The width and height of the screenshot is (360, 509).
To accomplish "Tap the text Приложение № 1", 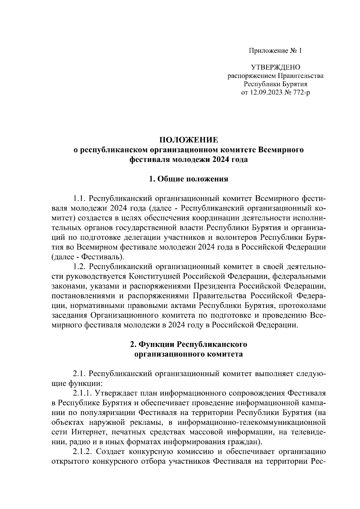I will (275, 51).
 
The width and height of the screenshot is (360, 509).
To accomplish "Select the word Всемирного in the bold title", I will (280, 150).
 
